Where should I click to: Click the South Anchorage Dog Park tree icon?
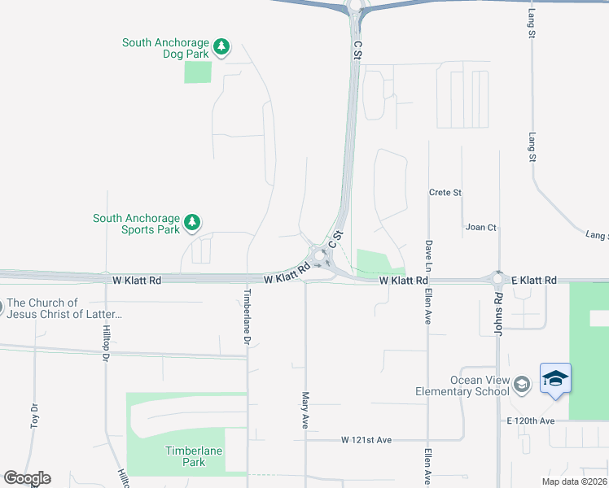(x=221, y=47)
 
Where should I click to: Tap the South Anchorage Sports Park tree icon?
(x=192, y=222)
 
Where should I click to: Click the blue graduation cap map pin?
(x=555, y=379)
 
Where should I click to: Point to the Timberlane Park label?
(x=194, y=456)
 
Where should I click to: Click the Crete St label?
(x=445, y=193)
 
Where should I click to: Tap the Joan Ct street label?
(x=480, y=228)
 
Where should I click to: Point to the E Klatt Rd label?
(x=534, y=280)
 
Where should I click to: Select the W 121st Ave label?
(x=366, y=440)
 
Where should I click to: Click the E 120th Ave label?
(x=530, y=420)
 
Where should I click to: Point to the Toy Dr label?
(x=34, y=415)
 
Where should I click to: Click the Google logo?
(x=27, y=478)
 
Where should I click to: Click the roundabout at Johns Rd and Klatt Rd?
(x=497, y=279)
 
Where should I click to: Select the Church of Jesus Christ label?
(x=64, y=308)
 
